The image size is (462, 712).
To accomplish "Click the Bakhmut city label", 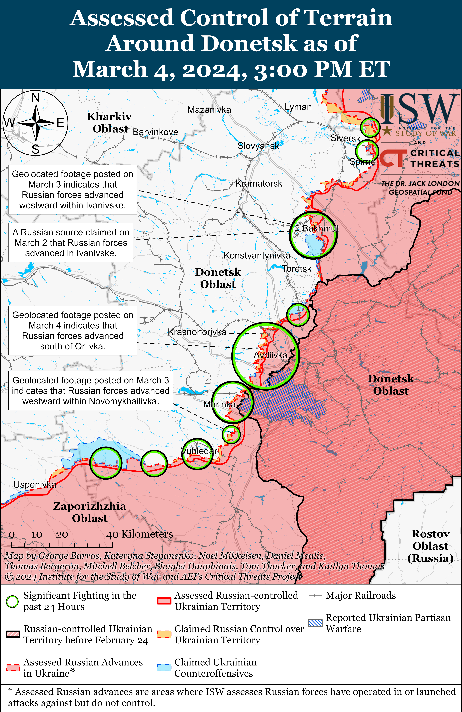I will tap(320, 229).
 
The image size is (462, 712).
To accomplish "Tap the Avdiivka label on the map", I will tap(270, 355).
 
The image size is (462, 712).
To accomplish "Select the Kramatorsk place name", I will tap(259, 183).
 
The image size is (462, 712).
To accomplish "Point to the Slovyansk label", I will tap(258, 146).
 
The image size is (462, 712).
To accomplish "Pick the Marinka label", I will tap(219, 404).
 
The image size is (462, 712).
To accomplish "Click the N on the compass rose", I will tap(36, 98).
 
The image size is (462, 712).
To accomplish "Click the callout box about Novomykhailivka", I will tap(91, 391).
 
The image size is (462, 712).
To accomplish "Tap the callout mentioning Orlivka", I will tap(73, 331).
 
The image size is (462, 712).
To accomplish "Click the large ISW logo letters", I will tap(419, 109).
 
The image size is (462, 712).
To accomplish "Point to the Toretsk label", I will tap(297, 269).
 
